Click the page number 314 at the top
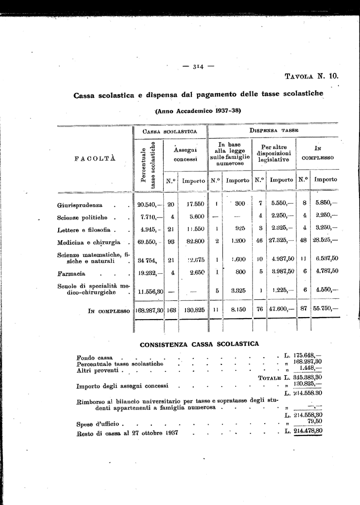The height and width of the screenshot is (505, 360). [x=199, y=67]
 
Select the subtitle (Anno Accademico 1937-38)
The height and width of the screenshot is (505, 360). [x=198, y=111]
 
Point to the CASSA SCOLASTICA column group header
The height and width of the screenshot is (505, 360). [x=170, y=132]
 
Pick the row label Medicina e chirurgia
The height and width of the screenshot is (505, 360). [x=89, y=242]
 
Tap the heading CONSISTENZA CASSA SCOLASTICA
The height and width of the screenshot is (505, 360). [x=199, y=344]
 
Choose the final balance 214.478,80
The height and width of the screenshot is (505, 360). [x=308, y=432]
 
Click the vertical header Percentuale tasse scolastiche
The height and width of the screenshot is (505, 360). [x=149, y=165]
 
